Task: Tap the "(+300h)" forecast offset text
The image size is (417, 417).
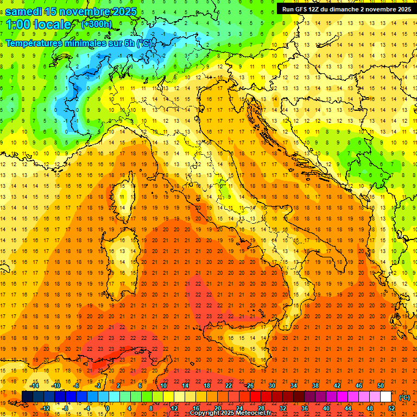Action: click(x=97, y=24)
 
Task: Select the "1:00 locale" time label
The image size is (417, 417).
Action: click(x=38, y=24)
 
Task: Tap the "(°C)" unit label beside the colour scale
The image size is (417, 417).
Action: click(x=405, y=397)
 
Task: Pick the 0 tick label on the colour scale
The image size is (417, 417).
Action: click(x=107, y=408)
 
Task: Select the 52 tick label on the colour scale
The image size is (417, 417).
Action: click(x=391, y=408)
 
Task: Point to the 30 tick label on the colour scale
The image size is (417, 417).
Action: click(x=271, y=386)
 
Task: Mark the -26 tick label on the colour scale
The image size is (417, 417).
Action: click(x=250, y=386)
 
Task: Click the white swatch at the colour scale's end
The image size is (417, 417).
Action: click(x=386, y=397)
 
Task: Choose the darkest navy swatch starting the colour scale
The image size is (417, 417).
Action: click(x=28, y=397)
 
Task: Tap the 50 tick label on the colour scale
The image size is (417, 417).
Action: click(x=381, y=386)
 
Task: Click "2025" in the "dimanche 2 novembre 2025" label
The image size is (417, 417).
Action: click(x=402, y=9)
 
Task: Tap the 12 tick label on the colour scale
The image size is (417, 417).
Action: click(x=174, y=408)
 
